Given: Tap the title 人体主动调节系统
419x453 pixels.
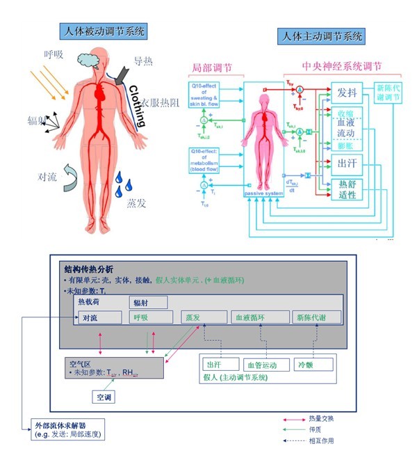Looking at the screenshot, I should pyautogui.click(x=320, y=36).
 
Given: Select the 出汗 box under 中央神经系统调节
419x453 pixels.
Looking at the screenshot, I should pyautogui.click(x=347, y=164).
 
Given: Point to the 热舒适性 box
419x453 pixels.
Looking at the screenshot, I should pyautogui.click(x=347, y=190).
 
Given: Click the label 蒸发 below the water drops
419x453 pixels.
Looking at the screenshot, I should pyautogui.click(x=136, y=204).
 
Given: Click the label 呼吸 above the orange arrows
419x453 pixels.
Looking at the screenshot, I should pyautogui.click(x=54, y=54).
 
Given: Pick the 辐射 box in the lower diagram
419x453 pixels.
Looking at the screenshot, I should pyautogui.click(x=142, y=303).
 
